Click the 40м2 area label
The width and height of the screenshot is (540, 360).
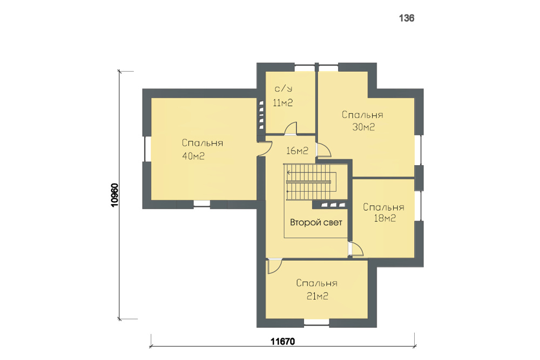pos(193,156)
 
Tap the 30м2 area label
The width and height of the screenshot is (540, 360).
pos(363,127)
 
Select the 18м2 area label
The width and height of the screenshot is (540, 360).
pos(384,218)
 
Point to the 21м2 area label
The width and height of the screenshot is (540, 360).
pos(317,296)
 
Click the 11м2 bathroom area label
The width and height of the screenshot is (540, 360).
pos(283,103)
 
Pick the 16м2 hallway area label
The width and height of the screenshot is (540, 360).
pos(297,151)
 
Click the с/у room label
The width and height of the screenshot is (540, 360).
pos(283,89)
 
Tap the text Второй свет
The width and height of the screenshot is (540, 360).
pos(316,222)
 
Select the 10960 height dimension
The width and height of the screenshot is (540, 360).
pos(114,195)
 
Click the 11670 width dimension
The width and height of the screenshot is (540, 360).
pos(283,342)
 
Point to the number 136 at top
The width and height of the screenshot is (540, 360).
pos(407,18)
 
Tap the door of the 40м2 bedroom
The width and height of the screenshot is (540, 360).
pos(266,149)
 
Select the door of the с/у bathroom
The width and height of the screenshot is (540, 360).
pos(291,128)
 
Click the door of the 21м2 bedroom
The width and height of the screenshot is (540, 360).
pos(274,266)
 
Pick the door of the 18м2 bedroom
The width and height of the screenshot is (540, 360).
pos(356,249)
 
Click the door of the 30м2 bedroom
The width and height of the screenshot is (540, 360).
pos(323,151)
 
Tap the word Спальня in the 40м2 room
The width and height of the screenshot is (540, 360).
pos(202,143)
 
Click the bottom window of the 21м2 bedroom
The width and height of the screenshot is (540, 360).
pos(316,323)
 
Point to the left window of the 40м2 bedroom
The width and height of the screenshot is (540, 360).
pos(147,148)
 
